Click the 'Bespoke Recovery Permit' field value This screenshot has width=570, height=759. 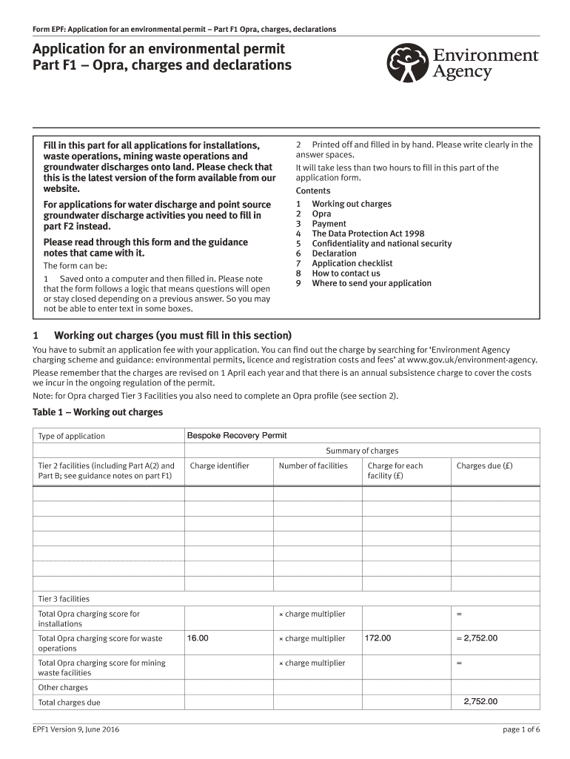point(236,435)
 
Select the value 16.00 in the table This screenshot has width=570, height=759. point(198,637)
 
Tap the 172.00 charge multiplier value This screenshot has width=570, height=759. point(378,637)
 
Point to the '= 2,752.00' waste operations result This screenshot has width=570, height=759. point(477,637)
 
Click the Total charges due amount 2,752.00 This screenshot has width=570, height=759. point(480,701)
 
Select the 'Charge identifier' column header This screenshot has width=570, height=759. point(220,465)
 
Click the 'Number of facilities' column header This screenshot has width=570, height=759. point(312,465)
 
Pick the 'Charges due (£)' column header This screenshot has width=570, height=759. point(484,465)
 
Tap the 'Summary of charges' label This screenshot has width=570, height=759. point(362,451)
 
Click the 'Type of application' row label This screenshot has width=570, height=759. point(72,436)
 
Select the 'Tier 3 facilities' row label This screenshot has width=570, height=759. point(64,598)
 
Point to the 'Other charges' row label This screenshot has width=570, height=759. point(63,687)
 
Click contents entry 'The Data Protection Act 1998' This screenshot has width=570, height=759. point(368,233)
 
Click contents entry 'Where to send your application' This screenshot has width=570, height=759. point(371,283)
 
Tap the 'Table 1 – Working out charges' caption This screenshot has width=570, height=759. point(98,412)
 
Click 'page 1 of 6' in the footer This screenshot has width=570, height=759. point(521,729)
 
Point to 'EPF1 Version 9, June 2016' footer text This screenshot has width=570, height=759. point(76,729)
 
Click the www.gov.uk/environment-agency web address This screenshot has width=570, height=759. point(477,360)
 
